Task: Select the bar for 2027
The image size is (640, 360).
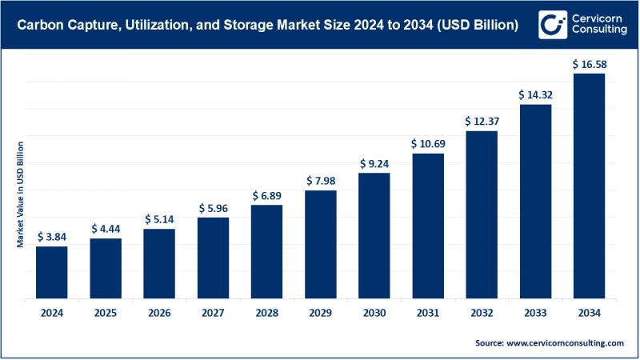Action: point(213,258)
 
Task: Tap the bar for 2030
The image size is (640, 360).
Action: point(374,236)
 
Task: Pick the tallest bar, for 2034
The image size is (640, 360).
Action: point(588,186)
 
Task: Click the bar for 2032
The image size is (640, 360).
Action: point(481,215)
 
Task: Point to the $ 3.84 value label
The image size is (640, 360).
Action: point(51,237)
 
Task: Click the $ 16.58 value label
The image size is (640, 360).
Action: point(588,64)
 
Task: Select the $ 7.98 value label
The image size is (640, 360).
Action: point(320,181)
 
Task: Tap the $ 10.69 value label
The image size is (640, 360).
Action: point(427,144)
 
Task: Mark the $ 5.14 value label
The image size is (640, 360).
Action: point(159,219)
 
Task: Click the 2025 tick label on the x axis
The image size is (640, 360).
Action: point(106,314)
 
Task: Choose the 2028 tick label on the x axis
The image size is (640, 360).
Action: point(266,314)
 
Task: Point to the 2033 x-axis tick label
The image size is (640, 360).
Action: point(534,314)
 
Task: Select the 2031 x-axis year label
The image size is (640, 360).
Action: point(427,314)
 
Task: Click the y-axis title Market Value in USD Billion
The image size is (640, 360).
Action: point(20,194)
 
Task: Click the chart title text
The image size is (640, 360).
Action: point(267,26)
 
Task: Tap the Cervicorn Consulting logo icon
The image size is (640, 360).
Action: point(552,25)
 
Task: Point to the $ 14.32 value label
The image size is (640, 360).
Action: point(534,94)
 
